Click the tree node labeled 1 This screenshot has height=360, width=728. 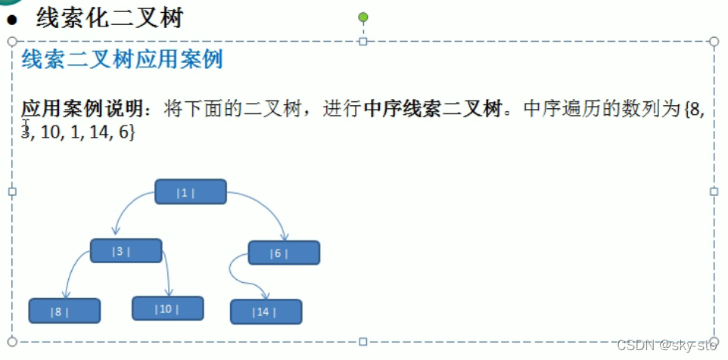[191, 192]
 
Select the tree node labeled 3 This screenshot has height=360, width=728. [126, 251]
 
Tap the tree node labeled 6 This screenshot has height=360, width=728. [284, 253]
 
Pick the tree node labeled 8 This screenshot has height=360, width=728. [64, 311]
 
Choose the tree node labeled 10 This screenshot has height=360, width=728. [167, 309]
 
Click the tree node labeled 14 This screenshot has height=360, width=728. [266, 312]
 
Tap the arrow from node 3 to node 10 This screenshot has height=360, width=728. [167, 272]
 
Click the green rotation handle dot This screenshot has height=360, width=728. [363, 17]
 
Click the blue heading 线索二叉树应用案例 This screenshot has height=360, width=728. [122, 60]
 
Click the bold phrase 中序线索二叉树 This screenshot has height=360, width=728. [432, 109]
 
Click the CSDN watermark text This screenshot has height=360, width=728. [666, 346]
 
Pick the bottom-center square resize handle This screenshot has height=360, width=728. [362, 342]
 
